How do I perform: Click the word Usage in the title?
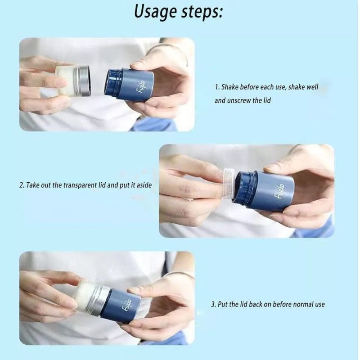[x=155, y=12]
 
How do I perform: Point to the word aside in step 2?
[x=144, y=185]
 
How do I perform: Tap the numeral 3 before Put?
[x=213, y=305]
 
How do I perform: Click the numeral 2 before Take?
[x=21, y=185]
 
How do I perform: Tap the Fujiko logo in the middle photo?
[x=280, y=191]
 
